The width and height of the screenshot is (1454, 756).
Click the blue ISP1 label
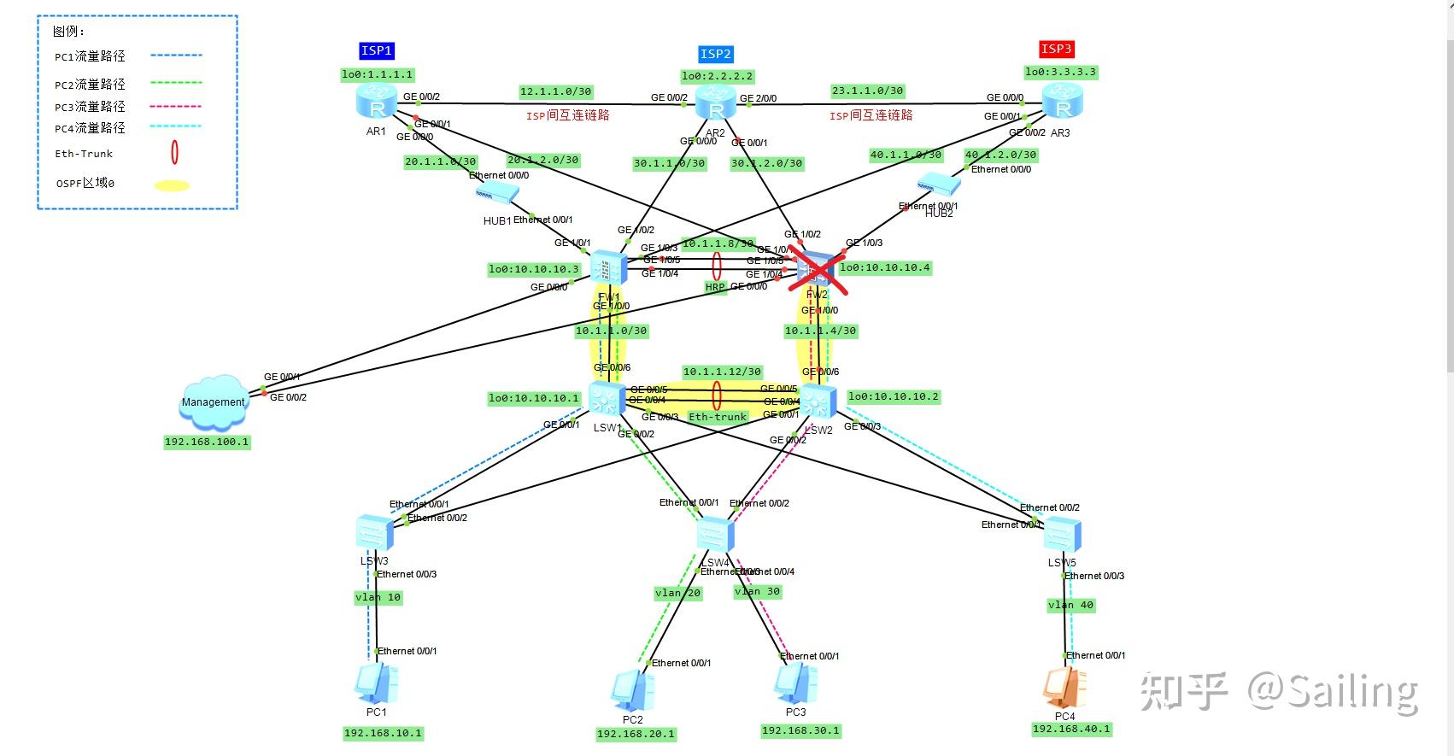point(376,50)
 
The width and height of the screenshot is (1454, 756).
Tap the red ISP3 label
point(1056,49)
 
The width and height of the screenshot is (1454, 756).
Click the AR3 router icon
point(1063,103)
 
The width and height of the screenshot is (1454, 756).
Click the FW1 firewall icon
point(608,269)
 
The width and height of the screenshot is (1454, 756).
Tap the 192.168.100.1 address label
point(207,442)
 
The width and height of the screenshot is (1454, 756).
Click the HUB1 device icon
point(497,194)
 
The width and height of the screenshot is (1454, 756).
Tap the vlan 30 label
point(757,591)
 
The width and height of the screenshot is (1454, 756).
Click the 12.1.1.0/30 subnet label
point(555,91)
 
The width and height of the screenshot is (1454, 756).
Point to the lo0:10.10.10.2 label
point(894,396)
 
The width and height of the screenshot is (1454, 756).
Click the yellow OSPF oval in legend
point(172,185)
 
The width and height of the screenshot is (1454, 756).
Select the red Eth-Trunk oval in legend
point(174,153)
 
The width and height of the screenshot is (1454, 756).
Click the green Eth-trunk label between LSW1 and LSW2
point(718,417)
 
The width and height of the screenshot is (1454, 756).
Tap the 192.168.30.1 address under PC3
point(800,730)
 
